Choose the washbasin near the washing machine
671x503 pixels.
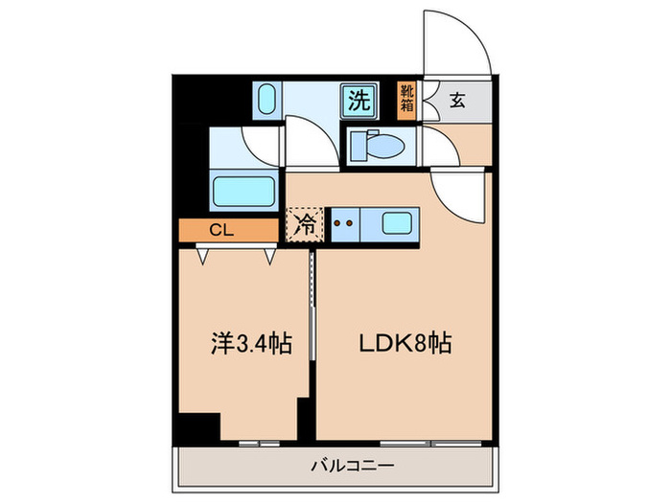(266, 100)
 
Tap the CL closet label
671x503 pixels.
(221, 231)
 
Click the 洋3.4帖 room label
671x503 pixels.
(241, 342)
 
